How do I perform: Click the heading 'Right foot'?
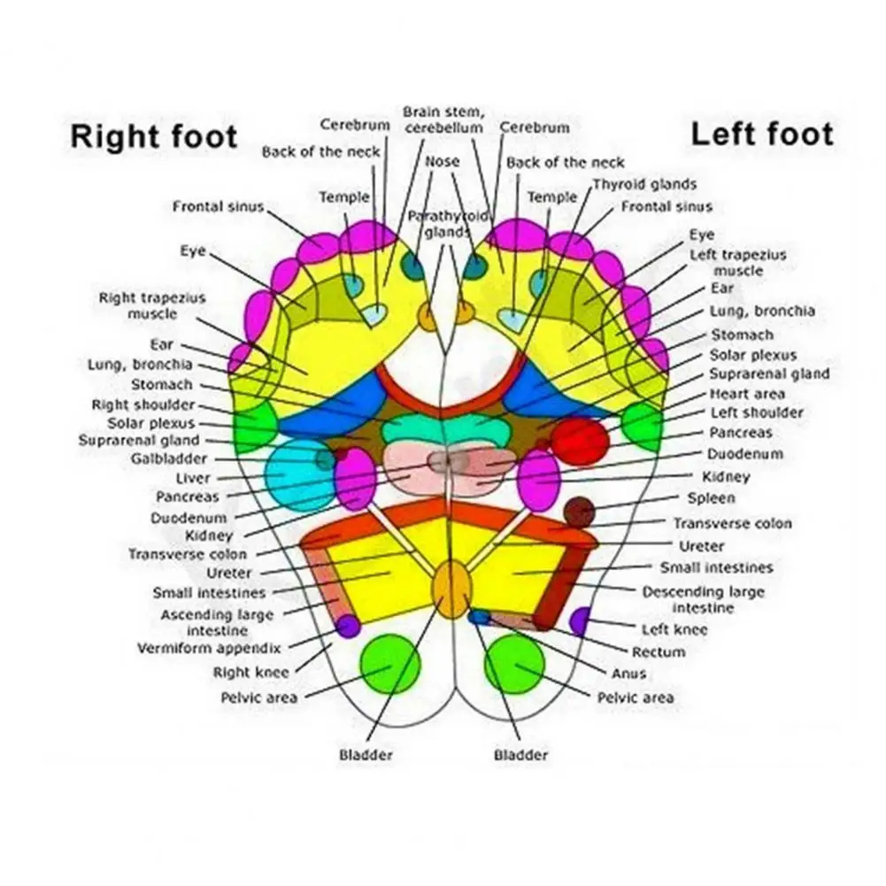[x=154, y=137]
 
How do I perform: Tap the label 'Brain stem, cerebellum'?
[x=443, y=119]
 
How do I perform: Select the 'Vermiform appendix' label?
[x=209, y=648]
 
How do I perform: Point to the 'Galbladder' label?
[x=169, y=458]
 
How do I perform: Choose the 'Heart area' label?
[x=747, y=393]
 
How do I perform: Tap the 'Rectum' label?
[x=659, y=651]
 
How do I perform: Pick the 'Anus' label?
[x=628, y=674]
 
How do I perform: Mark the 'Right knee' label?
[x=250, y=673]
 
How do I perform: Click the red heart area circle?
[x=580, y=440]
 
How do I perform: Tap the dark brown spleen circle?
[x=580, y=511]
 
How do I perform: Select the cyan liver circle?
[x=298, y=474]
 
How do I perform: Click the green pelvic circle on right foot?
[x=390, y=664]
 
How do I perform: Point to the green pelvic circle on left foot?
[x=514, y=664]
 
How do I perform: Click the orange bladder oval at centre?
[x=452, y=588]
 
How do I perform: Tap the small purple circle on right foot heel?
[x=348, y=626]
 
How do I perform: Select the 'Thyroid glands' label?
[x=644, y=184]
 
